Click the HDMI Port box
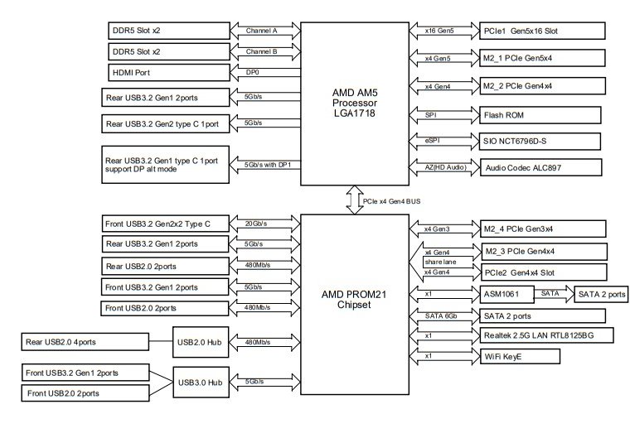(x=169, y=73)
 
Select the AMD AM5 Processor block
(x=355, y=103)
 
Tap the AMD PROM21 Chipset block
(x=355, y=305)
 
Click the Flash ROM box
(x=540, y=115)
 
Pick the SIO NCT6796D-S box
(x=540, y=142)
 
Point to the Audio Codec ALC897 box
(x=541, y=167)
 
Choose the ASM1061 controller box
(x=507, y=294)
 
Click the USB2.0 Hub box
(x=201, y=342)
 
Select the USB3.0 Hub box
(x=201, y=383)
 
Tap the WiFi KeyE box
(x=521, y=357)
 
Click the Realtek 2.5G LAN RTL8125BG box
(x=547, y=335)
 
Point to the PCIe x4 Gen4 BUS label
(x=392, y=201)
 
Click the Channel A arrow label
(x=262, y=31)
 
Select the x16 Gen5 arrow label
(x=439, y=31)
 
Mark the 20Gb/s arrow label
(x=256, y=224)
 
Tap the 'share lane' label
(x=441, y=262)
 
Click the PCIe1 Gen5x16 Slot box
(x=542, y=31)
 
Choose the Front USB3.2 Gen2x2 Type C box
(x=166, y=224)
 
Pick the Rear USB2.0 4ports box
(x=85, y=342)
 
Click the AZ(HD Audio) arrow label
(x=446, y=167)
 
